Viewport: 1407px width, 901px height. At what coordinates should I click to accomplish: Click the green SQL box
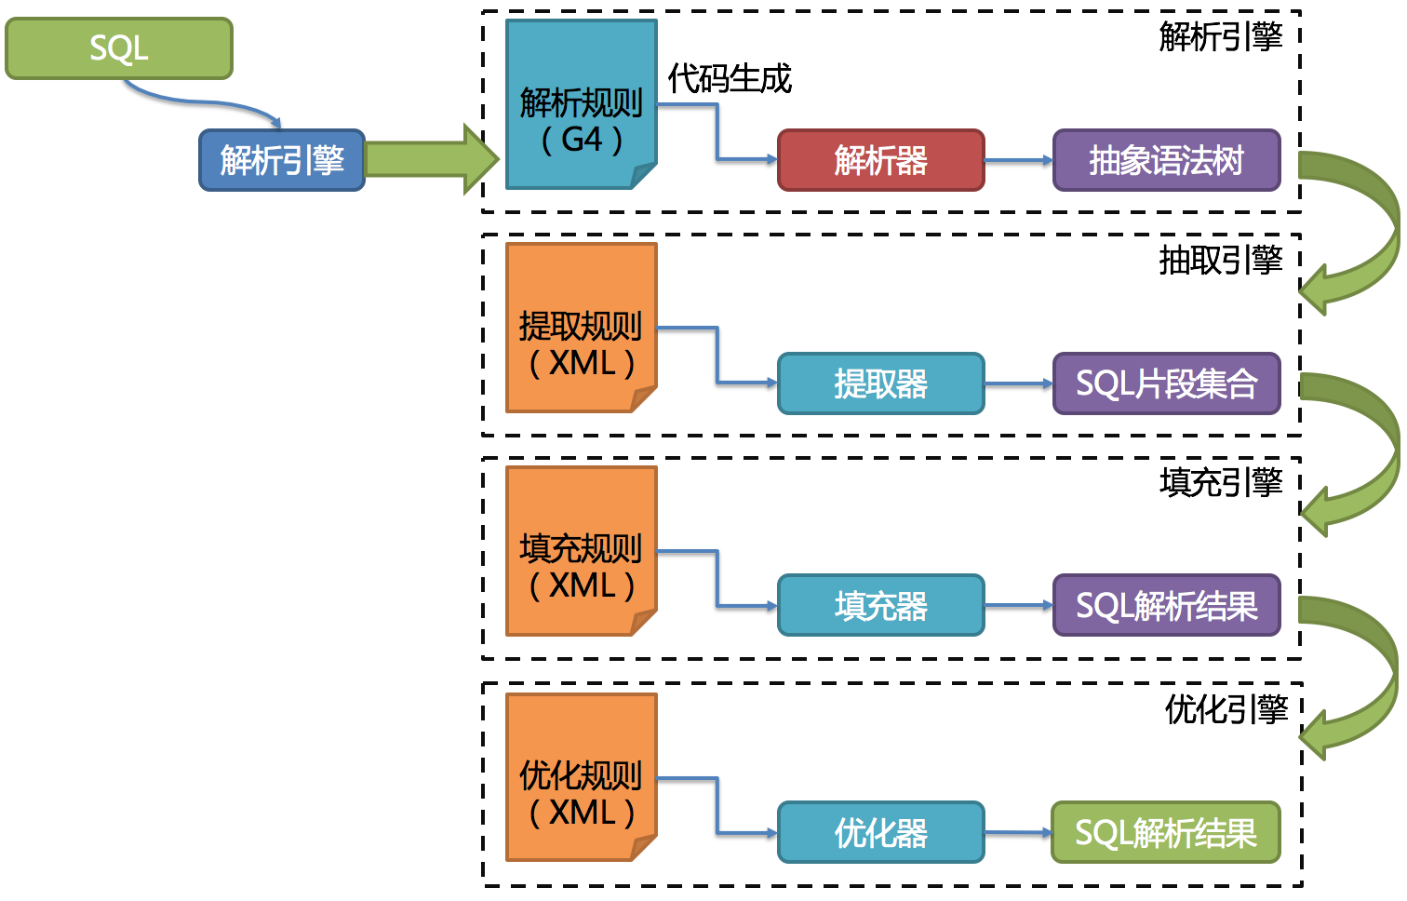(x=119, y=48)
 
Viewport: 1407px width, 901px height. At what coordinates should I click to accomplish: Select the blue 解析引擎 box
(x=282, y=160)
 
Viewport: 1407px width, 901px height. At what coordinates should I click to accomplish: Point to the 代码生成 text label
(x=730, y=79)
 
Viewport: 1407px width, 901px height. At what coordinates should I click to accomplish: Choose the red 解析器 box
(x=880, y=160)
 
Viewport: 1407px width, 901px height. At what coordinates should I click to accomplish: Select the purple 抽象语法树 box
(x=1166, y=160)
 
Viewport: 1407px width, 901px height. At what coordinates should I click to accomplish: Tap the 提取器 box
(x=880, y=383)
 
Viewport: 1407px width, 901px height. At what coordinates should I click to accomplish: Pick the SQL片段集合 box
(x=1166, y=383)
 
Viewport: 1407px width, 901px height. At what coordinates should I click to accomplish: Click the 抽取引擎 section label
(x=1220, y=260)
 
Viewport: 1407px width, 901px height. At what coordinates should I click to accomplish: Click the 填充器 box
(x=880, y=606)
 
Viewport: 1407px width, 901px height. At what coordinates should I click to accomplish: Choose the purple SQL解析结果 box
(x=1166, y=606)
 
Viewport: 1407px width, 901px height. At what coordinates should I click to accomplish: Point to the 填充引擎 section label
(x=1220, y=482)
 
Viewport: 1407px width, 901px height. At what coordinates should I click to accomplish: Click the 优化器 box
(x=880, y=832)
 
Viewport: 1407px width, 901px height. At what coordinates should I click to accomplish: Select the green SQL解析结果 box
(x=1166, y=832)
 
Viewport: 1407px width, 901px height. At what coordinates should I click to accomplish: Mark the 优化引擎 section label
(x=1226, y=709)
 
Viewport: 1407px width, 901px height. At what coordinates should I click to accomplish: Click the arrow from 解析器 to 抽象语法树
(x=1018, y=160)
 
